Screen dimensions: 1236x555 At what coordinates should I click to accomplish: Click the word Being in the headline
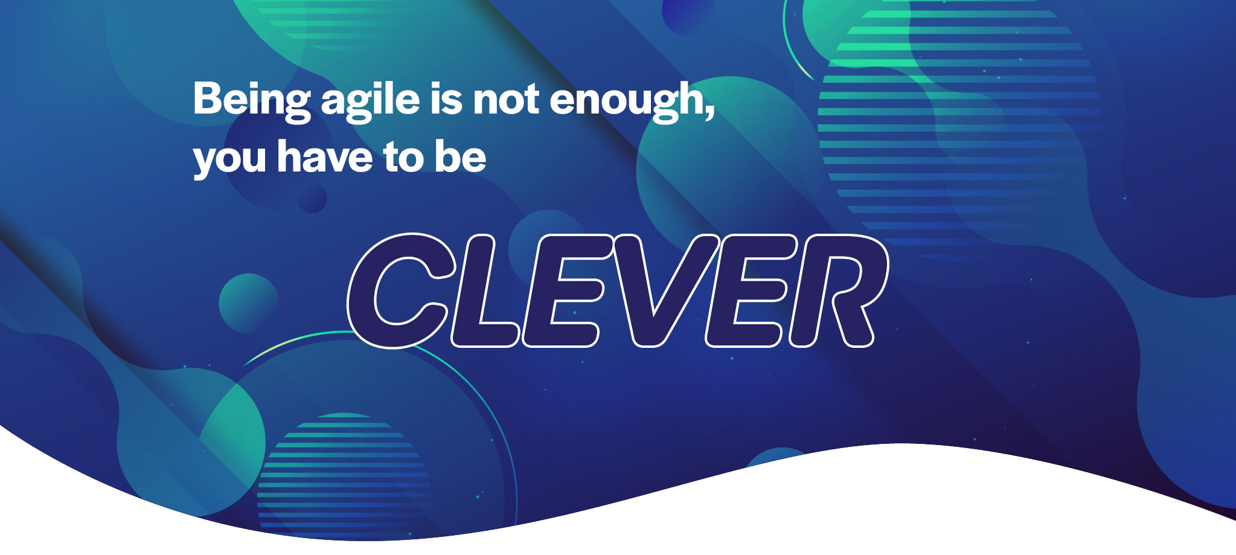click(x=252, y=101)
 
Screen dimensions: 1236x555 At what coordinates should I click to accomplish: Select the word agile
click(x=370, y=101)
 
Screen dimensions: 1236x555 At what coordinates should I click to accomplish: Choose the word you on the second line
click(x=229, y=161)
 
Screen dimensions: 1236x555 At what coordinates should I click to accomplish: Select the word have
click(x=325, y=156)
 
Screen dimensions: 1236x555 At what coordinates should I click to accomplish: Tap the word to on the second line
click(x=404, y=158)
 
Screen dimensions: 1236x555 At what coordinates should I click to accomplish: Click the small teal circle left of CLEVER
click(x=249, y=303)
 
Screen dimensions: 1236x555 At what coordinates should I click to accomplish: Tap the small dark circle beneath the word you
click(x=312, y=198)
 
